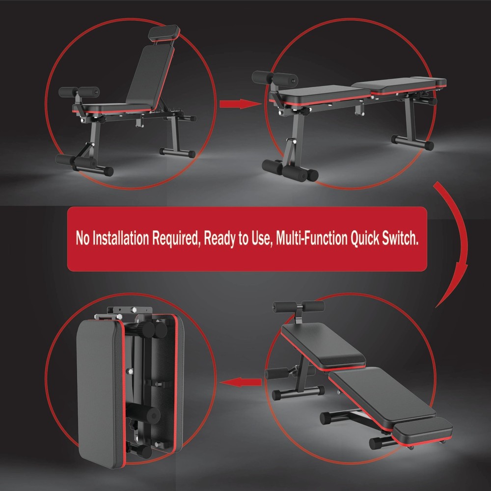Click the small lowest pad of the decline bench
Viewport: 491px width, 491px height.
[422, 429]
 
